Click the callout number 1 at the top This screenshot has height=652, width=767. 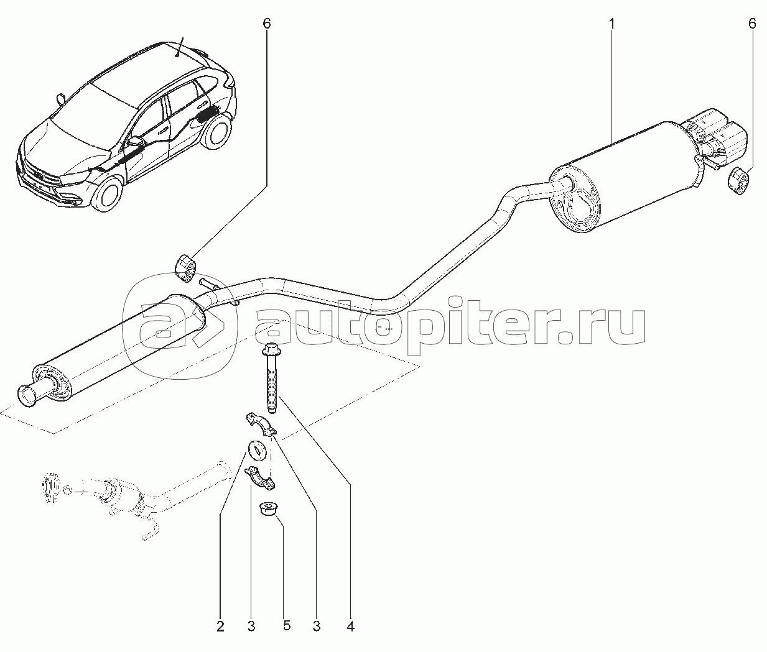611,24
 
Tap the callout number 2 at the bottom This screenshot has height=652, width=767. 220,627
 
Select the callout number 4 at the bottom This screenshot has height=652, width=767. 350,627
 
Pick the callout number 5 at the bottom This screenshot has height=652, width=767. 287,626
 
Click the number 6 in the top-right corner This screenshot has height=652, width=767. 752,24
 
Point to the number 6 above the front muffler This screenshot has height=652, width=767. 267,24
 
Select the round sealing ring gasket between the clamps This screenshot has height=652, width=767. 256,450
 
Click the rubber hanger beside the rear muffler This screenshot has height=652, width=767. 737,181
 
